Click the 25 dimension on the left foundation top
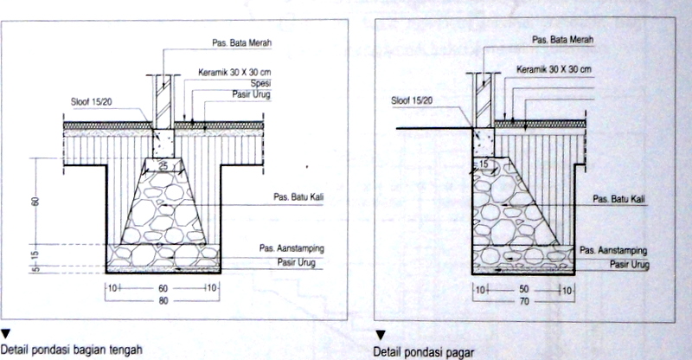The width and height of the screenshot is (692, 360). [163, 164]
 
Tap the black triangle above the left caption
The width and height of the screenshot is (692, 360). [5, 332]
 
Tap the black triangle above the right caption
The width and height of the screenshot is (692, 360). [381, 334]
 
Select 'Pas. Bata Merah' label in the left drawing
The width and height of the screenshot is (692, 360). [241, 42]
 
